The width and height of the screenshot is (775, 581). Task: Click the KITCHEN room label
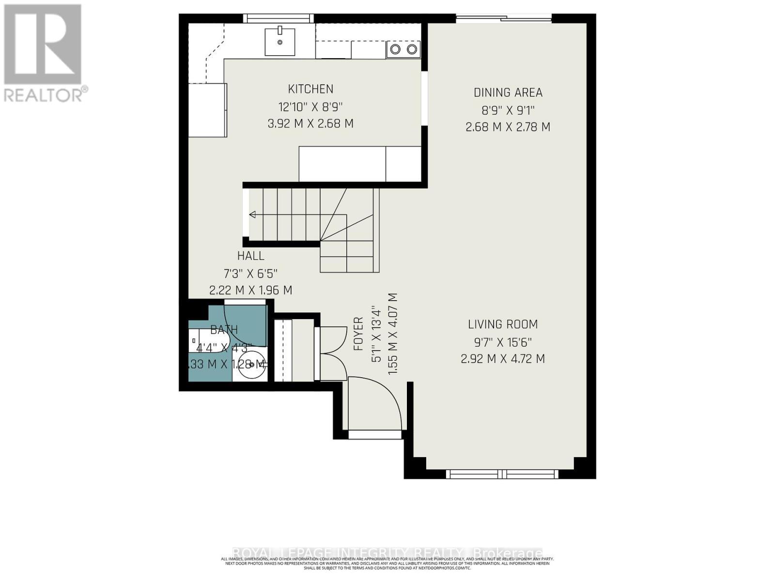pyautogui.click(x=310, y=89)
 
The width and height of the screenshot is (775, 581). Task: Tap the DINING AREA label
pyautogui.click(x=508, y=92)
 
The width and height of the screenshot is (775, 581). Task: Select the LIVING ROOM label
pyautogui.click(x=503, y=324)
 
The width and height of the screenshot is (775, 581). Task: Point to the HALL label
pyautogui.click(x=250, y=256)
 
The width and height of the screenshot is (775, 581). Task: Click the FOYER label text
pyautogui.click(x=358, y=334)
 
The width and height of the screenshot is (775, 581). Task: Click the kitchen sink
pyautogui.click(x=280, y=42)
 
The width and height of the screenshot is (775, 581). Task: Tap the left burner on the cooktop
pyautogui.click(x=395, y=49)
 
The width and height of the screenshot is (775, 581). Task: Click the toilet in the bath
pyautogui.click(x=206, y=341)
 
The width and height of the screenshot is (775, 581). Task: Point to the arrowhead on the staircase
pyautogui.click(x=252, y=214)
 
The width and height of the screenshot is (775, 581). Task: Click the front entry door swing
pyautogui.click(x=375, y=402)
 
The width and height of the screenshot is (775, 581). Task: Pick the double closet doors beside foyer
pyautogui.click(x=330, y=353)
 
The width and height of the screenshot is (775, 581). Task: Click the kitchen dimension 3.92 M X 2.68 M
pyautogui.click(x=310, y=123)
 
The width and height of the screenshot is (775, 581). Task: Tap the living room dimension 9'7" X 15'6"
pyautogui.click(x=503, y=342)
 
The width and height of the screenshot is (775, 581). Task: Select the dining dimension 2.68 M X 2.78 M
pyautogui.click(x=508, y=127)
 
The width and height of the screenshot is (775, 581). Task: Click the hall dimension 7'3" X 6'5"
pyautogui.click(x=250, y=273)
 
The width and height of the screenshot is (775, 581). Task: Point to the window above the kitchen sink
pyautogui.click(x=278, y=18)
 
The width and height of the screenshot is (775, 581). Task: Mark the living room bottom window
pyautogui.click(x=502, y=474)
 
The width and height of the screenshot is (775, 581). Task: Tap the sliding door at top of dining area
pyautogui.click(x=504, y=19)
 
